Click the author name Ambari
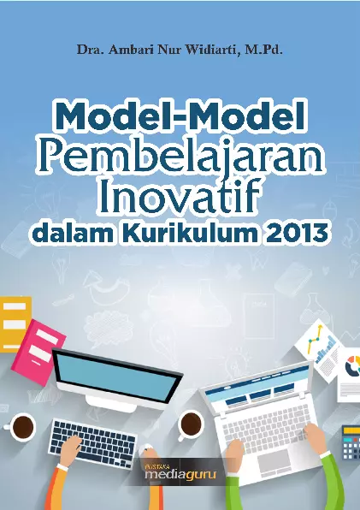130,50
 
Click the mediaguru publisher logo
180,472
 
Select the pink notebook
38,353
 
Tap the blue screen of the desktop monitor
115,377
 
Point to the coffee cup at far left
23,427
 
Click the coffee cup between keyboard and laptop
191,424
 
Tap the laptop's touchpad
274,463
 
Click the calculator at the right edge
351,442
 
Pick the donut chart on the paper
352,366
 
